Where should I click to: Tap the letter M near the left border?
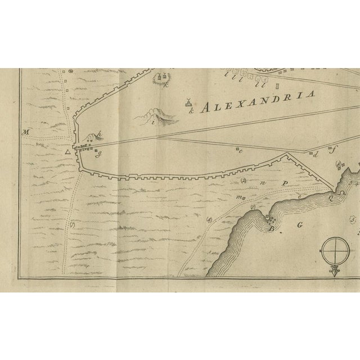(25, 133)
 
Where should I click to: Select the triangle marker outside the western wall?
(68, 152)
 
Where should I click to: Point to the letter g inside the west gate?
(98, 153)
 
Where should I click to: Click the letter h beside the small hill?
(99, 133)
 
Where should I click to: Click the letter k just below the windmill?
(191, 112)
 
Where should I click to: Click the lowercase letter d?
(316, 154)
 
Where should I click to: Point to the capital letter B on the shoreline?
(271, 229)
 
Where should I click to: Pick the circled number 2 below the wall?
(244, 181)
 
